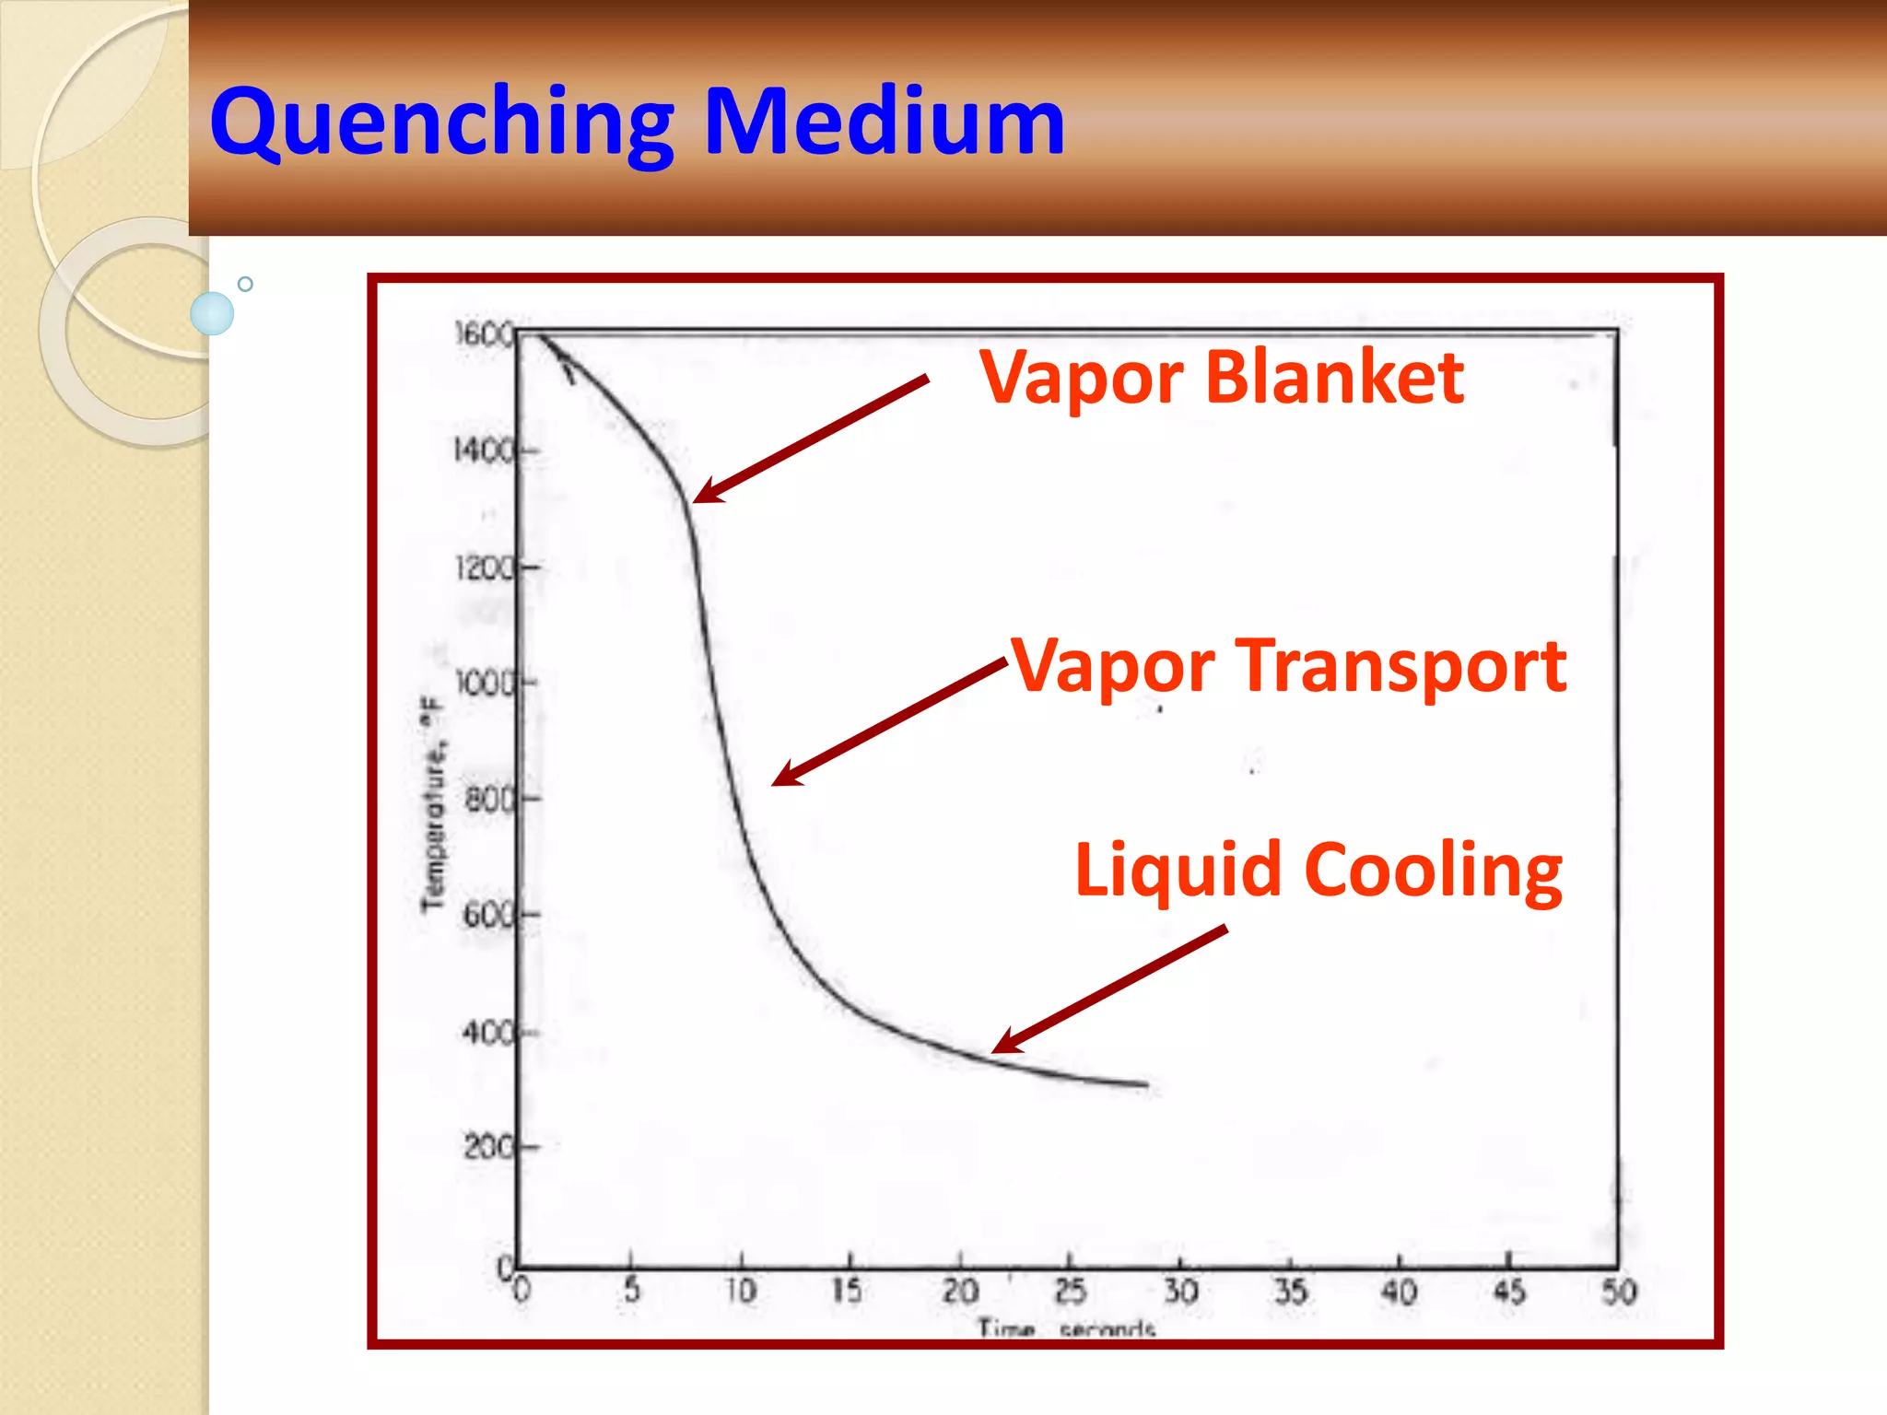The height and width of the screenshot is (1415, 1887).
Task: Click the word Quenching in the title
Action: tap(442, 123)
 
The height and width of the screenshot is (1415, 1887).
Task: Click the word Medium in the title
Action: tap(885, 121)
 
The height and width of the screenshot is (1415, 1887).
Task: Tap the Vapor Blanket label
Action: tap(1221, 378)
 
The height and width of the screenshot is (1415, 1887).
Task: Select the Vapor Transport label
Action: tap(1289, 666)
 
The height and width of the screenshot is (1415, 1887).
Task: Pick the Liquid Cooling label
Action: tap(1318, 870)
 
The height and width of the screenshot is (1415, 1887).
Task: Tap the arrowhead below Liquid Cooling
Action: tap(1002, 1046)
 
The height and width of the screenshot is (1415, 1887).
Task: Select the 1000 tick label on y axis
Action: tap(486, 684)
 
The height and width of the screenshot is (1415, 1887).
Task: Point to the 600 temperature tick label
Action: tap(489, 915)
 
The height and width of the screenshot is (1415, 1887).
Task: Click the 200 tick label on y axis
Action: tap(489, 1148)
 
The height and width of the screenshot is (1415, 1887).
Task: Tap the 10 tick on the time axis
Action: tap(741, 1291)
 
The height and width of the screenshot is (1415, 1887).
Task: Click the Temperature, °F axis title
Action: tap(432, 802)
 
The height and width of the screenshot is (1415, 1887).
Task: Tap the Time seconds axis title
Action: tap(1066, 1328)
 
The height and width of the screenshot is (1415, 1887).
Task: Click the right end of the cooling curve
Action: tap(1146, 1085)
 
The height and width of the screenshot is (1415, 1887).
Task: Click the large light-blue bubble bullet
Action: tap(212, 313)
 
